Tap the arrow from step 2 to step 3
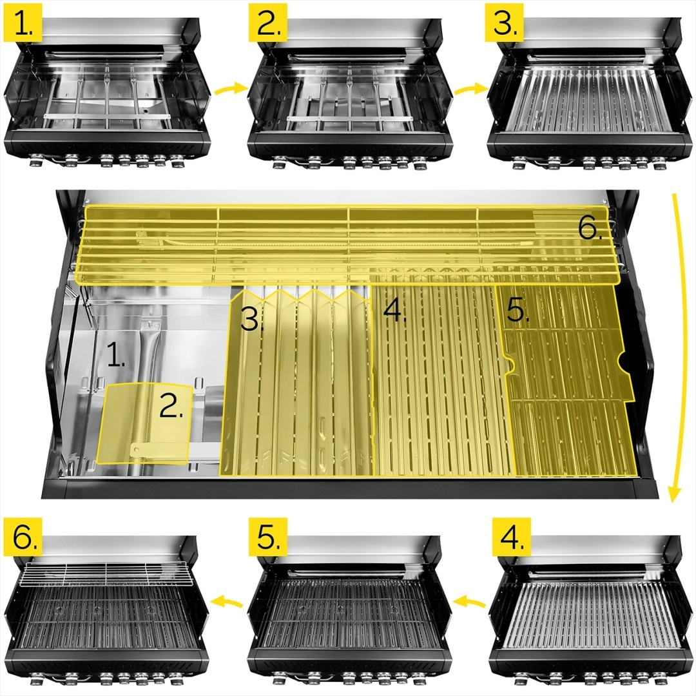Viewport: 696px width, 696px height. click(469, 88)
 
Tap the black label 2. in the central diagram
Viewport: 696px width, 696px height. click(171, 406)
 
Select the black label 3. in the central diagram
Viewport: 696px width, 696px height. click(252, 320)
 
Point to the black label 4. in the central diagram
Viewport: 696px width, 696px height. click(394, 310)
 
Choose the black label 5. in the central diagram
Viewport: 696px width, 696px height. click(517, 310)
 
